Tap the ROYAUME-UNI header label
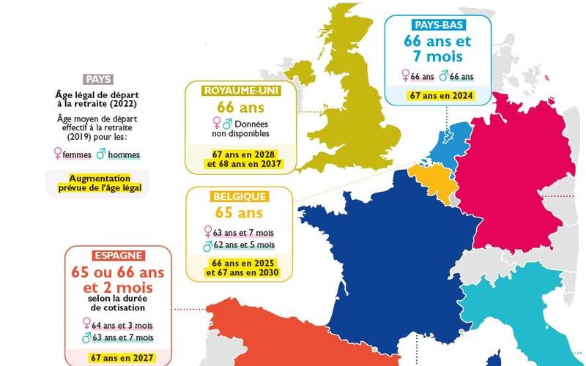coord(240,90)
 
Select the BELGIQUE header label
coord(239,196)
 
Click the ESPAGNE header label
coord(119,255)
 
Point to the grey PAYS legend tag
coord(97,79)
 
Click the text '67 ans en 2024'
coord(441,95)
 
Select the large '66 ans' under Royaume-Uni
coord(240,108)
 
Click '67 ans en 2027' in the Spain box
coord(118,358)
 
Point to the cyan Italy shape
coord(513,307)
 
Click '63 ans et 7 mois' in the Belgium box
coord(244,232)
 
